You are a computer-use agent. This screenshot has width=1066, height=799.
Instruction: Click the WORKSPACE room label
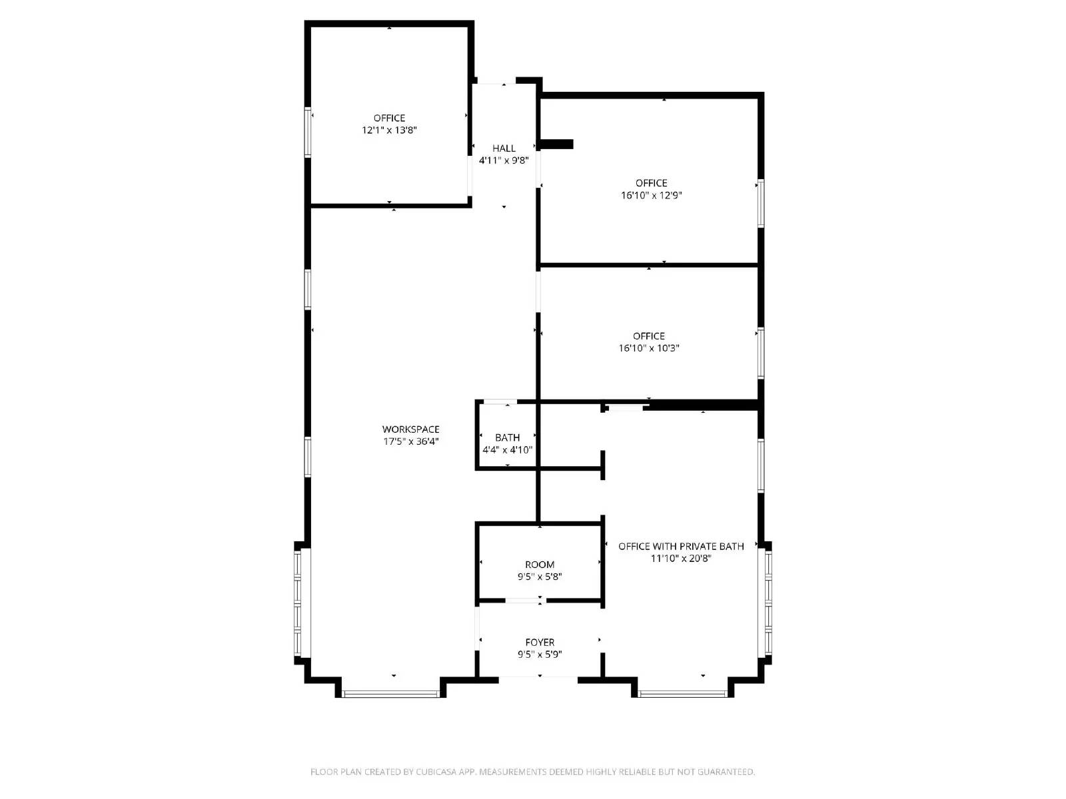[410, 429]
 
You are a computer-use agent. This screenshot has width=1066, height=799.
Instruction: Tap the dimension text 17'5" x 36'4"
[410, 441]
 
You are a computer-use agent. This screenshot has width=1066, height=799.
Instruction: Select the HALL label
[504, 148]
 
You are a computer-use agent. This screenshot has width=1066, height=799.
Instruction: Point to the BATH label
[507, 437]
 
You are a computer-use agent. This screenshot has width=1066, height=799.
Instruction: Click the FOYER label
[540, 643]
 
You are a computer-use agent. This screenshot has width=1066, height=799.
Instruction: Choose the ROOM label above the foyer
[540, 565]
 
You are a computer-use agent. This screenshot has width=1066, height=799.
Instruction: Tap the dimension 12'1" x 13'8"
[389, 131]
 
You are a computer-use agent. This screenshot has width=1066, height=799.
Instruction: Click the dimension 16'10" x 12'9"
[651, 196]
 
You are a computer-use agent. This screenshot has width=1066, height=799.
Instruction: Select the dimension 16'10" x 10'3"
[648, 348]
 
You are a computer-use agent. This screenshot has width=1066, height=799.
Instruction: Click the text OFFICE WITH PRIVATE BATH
[681, 547]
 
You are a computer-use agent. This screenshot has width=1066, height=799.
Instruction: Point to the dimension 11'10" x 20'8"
[681, 559]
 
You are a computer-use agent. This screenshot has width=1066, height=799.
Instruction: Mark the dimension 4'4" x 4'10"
[507, 450]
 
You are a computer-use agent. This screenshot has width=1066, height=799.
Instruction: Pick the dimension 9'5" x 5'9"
[540, 655]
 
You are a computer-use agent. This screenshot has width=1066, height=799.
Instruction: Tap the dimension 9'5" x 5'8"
[540, 577]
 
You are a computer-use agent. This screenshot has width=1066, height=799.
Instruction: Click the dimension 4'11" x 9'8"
[504, 160]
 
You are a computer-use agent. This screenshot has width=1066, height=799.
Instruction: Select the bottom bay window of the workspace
[390, 694]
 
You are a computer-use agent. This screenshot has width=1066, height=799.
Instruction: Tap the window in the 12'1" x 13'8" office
[308, 132]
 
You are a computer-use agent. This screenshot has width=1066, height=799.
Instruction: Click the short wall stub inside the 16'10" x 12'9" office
[557, 144]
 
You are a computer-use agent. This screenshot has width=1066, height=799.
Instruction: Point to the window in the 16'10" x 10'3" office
[760, 354]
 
